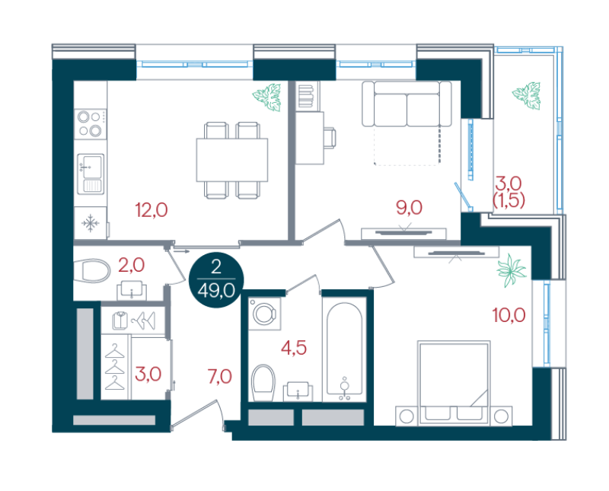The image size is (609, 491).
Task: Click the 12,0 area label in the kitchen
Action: (151, 210)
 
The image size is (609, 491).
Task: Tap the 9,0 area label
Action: (409, 208)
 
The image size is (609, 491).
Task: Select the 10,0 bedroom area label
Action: (509, 314)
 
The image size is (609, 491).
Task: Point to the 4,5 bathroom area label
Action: (294, 348)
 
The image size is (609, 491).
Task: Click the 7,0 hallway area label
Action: (220, 376)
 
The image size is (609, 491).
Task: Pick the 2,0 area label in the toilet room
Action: (131, 266)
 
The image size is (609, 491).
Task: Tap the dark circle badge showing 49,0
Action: (216, 280)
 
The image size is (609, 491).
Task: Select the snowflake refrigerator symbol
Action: (90, 223)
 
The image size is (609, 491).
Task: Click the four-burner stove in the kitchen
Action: (91, 124)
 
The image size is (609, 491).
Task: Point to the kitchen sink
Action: (91, 174)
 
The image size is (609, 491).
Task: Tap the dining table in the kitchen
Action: (232, 160)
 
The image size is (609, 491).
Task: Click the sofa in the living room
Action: (407, 104)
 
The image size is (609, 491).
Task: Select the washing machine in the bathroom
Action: (264, 314)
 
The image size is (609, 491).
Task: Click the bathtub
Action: (345, 352)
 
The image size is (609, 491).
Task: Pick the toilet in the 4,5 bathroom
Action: (263, 383)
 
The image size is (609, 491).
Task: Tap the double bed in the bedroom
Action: (454, 383)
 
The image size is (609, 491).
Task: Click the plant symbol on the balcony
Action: (526, 96)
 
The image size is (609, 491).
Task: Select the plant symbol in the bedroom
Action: (511, 271)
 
